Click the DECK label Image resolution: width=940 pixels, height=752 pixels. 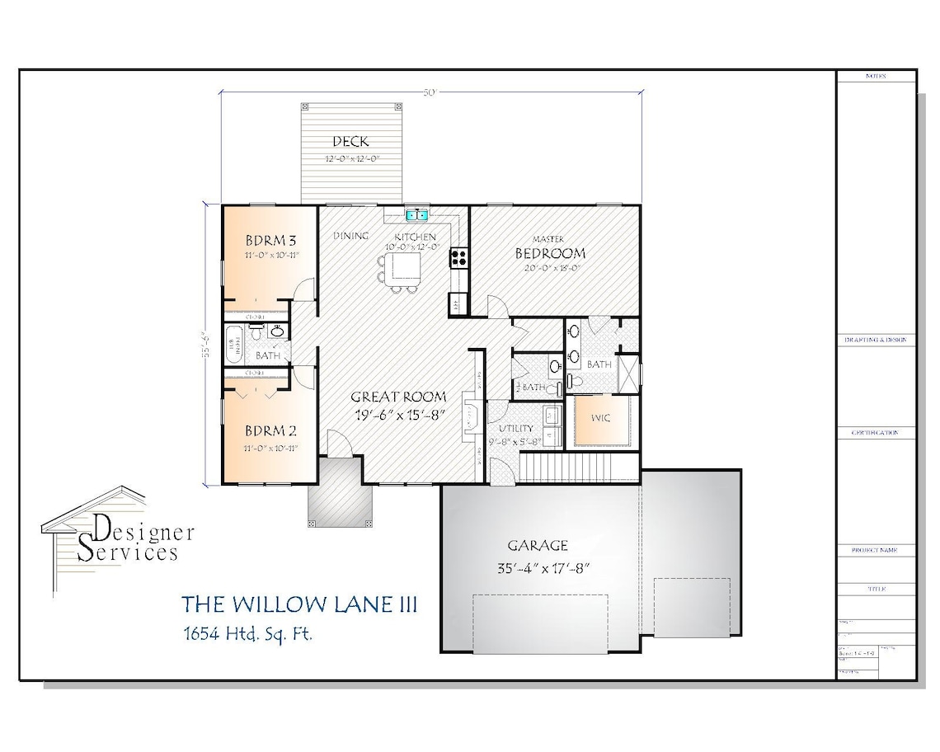click(350, 142)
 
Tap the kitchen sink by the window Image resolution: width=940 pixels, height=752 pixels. click(416, 216)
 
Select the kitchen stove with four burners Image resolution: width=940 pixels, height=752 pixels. click(458, 257)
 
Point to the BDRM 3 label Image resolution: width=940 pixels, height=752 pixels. click(270, 241)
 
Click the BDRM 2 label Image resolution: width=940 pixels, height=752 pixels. click(270, 430)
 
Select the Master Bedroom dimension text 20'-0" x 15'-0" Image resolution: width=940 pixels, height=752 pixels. click(550, 268)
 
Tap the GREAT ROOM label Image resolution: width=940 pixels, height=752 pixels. click(398, 397)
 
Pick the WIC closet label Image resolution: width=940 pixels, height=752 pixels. click(601, 418)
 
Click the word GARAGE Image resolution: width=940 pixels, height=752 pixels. click(538, 545)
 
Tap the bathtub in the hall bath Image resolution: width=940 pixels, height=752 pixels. click(233, 343)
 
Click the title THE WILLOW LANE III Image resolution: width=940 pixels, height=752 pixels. click(298, 604)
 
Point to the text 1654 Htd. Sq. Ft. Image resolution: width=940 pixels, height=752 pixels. click(247, 634)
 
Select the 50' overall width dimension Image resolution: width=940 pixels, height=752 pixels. click(430, 92)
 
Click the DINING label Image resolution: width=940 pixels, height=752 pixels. click(350, 237)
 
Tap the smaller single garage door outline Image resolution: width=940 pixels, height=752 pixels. click(691, 606)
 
